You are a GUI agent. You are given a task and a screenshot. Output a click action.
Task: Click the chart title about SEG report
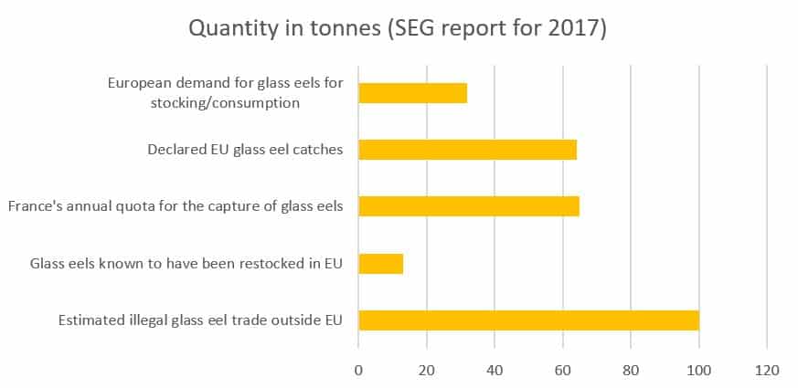point(398,28)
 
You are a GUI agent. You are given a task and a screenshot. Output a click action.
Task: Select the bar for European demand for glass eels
point(412,93)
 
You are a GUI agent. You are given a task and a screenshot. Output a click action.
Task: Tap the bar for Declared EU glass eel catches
point(467,150)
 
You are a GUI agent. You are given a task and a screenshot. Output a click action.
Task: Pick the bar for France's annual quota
point(468,206)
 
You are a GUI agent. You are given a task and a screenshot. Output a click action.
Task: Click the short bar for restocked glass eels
point(380,264)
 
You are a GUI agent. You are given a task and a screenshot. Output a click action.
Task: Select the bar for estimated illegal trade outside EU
point(528,320)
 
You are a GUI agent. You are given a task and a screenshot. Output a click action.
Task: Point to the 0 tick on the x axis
point(358,370)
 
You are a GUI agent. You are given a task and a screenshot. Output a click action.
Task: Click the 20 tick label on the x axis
point(426,370)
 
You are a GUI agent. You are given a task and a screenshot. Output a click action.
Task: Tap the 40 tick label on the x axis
point(495,370)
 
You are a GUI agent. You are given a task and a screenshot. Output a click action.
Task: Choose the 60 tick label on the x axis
point(562,370)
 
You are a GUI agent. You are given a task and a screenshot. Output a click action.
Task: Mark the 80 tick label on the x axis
point(631,370)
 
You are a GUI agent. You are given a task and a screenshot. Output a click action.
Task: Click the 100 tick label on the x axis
point(698,370)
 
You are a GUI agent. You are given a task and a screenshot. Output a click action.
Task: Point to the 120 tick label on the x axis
point(766,370)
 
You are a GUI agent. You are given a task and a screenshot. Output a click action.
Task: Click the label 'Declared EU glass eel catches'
point(245,150)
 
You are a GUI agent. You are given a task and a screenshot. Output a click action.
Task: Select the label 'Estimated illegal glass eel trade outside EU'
point(200,320)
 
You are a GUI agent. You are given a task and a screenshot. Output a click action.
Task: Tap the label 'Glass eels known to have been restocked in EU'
point(186,264)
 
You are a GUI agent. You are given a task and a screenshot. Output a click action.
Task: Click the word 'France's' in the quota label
point(36,206)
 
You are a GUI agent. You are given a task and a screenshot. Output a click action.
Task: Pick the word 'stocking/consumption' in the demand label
point(225,102)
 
